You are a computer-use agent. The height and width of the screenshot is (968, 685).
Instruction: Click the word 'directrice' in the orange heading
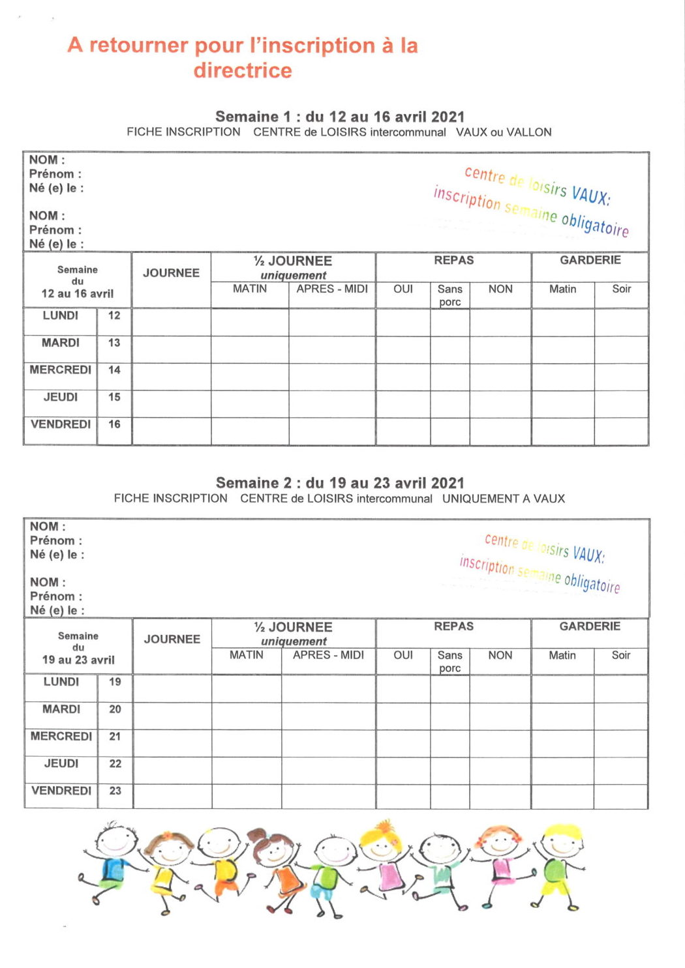(x=242, y=70)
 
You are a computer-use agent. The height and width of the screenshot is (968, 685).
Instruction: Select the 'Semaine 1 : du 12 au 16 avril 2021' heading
(x=339, y=117)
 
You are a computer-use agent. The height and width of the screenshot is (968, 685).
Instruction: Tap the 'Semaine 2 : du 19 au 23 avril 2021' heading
(x=339, y=483)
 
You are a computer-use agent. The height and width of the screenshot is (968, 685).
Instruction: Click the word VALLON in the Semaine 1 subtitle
(x=529, y=132)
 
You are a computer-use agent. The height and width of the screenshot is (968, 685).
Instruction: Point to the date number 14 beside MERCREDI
(x=114, y=370)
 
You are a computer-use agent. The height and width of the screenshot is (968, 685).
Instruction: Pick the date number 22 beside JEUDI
(x=115, y=763)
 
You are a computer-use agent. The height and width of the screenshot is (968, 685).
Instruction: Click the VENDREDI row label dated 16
(x=61, y=424)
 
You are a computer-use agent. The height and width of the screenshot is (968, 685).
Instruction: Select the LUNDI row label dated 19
(x=61, y=682)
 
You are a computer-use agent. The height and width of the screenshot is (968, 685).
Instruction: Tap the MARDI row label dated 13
(x=61, y=343)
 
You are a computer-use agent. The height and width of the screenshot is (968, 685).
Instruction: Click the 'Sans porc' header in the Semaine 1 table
(x=449, y=295)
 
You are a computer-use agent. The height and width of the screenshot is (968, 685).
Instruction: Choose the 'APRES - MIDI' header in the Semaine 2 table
(x=328, y=655)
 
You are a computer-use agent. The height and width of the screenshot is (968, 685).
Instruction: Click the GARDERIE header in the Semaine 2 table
(x=590, y=626)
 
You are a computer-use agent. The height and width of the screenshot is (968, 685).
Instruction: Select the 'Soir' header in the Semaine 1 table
(x=621, y=289)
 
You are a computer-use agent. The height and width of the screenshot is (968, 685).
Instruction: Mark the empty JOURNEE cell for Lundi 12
(x=172, y=322)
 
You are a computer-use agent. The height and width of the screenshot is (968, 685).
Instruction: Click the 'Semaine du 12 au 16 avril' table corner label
(x=78, y=282)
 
